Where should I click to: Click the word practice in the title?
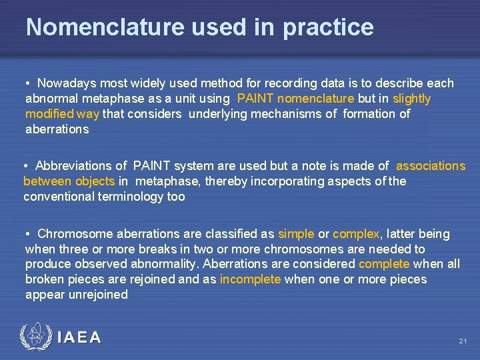(x=328, y=27)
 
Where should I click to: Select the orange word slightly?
(x=412, y=99)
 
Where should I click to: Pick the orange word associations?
(x=431, y=166)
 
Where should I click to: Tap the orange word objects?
(x=95, y=181)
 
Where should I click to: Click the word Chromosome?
(x=75, y=234)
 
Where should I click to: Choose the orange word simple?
(x=296, y=234)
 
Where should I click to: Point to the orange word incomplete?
(x=250, y=279)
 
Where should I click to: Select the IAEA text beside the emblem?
(x=79, y=337)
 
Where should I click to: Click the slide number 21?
(x=463, y=341)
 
